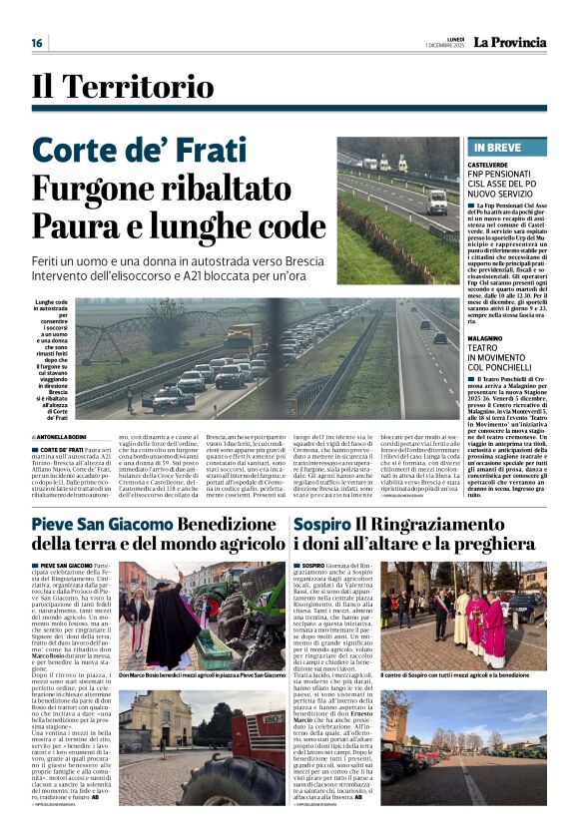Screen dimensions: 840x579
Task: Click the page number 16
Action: [x=37, y=43]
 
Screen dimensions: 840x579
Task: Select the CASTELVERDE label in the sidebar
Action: [x=487, y=163]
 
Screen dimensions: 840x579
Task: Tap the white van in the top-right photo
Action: [x=437, y=201]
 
